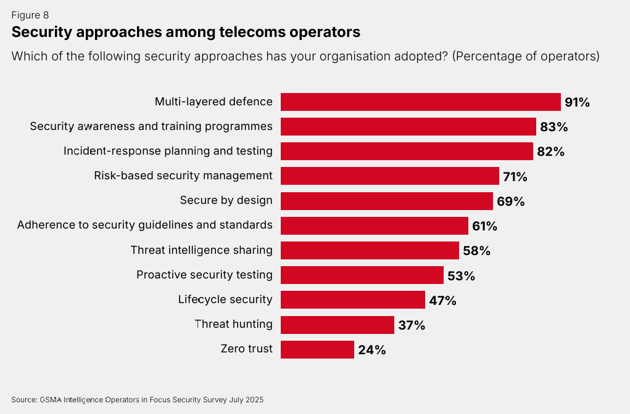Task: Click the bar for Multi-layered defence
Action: point(420,102)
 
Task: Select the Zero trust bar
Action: point(317,349)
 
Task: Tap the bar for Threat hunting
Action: point(337,325)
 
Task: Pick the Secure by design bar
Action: point(386,201)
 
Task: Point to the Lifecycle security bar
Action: point(352,300)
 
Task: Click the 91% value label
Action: point(577,102)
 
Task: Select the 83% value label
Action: point(553,127)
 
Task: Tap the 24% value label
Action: point(372,350)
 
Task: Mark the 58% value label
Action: point(476,251)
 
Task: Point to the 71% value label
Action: point(515,177)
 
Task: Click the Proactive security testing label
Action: point(204,275)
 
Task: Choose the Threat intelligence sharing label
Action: point(201,250)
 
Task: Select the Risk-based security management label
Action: point(183,176)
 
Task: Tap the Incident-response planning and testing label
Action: point(168,151)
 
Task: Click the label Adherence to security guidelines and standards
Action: point(145,225)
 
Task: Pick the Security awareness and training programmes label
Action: point(151,126)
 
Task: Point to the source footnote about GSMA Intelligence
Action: point(137,400)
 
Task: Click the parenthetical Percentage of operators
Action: point(526,56)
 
